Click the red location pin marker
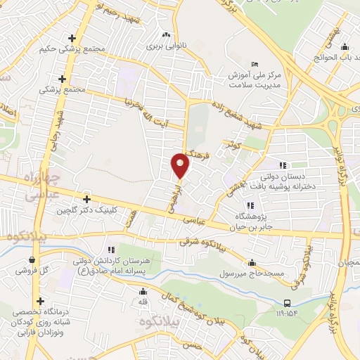pyautogui.click(x=181, y=166)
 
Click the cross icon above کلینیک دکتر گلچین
pyautogui.click(x=86, y=199)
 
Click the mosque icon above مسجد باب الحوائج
pyautogui.click(x=345, y=49)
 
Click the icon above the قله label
pyautogui.click(x=143, y=292)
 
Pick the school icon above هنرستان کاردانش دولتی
pyautogui.click(x=110, y=250)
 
